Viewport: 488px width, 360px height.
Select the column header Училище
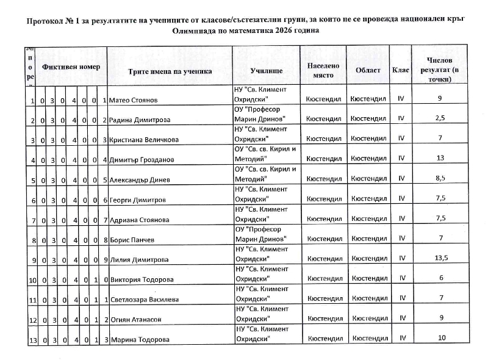pyautogui.click(x=266, y=71)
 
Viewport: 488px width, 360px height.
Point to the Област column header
pyautogui.click(x=368, y=70)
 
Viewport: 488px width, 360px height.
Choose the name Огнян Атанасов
pyautogui.click(x=135, y=320)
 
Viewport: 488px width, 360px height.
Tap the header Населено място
pyautogui.click(x=323, y=70)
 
